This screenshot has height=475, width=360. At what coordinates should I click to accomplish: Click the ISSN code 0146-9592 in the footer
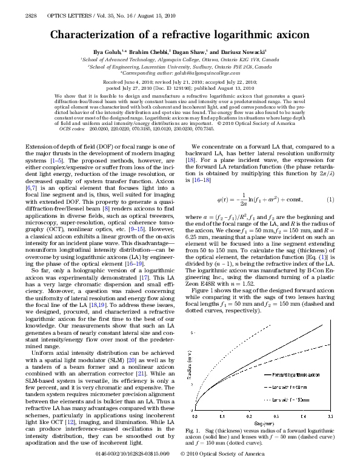(x=115, y=470)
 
